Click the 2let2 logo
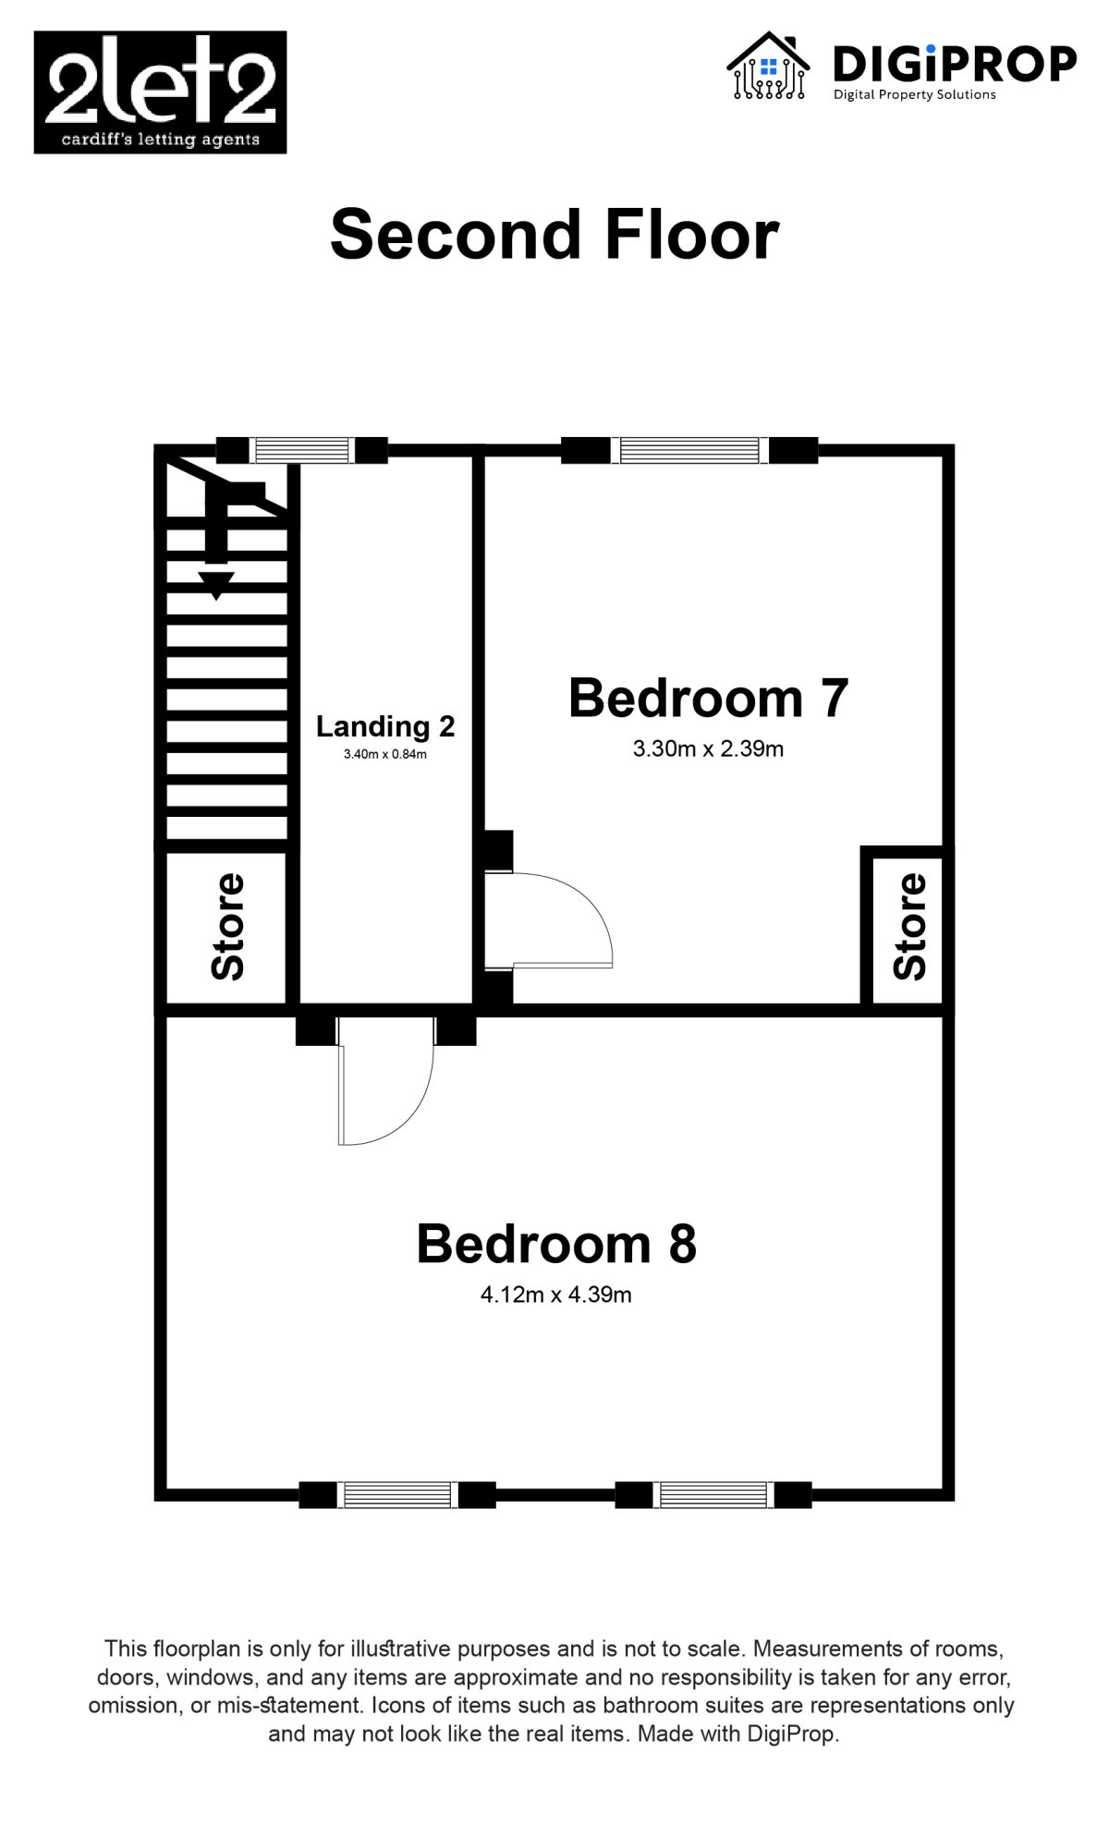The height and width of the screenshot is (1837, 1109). (160, 92)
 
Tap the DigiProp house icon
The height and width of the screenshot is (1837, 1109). (768, 66)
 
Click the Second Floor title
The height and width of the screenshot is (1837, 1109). (554, 235)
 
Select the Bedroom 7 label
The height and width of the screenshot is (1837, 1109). (708, 698)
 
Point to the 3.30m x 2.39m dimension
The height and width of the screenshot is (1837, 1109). (708, 749)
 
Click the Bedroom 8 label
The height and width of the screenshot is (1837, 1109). (556, 1244)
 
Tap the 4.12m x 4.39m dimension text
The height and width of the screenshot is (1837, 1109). (556, 1295)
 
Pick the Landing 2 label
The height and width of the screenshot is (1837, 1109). (385, 726)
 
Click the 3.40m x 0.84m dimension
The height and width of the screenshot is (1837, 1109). (385, 754)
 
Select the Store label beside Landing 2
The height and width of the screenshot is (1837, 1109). (227, 927)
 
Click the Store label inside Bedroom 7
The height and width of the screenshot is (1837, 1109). (909, 927)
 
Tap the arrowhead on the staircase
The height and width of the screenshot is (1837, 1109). (216, 586)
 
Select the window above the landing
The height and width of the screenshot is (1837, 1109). (302, 450)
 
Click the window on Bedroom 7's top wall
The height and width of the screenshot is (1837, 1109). (689, 450)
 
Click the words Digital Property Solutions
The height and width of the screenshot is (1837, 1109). (915, 94)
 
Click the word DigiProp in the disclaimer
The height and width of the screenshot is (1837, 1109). (790, 1734)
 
